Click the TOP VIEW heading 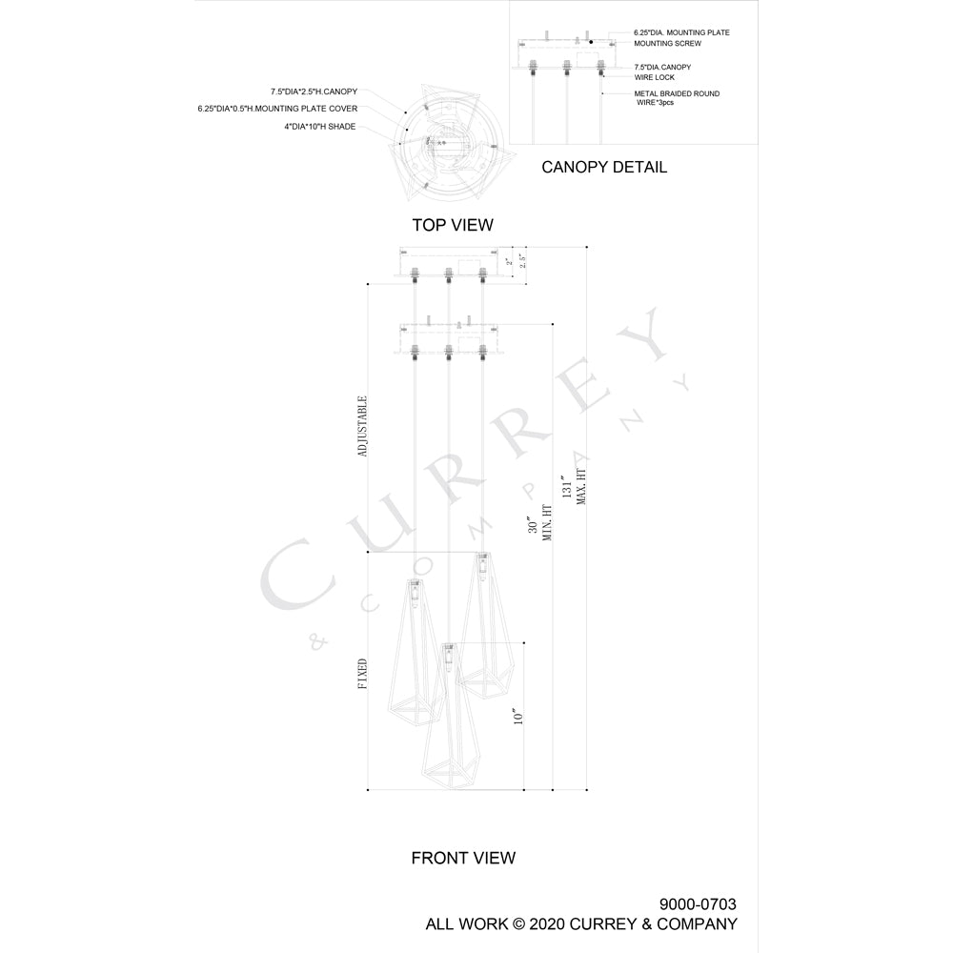pos(453,225)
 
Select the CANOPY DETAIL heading pos(604,167)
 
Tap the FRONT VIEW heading pos(463,859)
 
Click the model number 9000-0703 pos(698,904)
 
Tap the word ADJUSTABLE pos(363,426)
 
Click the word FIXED pos(363,674)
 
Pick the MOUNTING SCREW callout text pos(667,44)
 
